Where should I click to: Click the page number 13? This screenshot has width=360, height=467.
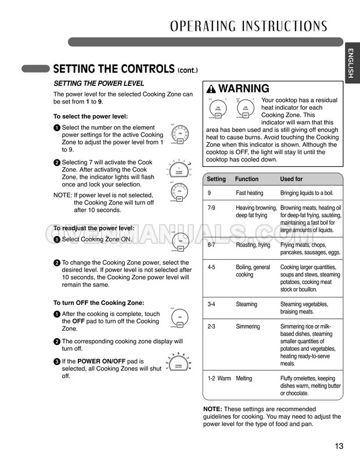tap(339, 446)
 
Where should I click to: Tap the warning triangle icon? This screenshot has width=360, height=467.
tap(211, 89)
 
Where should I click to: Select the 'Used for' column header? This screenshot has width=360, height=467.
tap(291, 179)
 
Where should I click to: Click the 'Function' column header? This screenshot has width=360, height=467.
tap(247, 179)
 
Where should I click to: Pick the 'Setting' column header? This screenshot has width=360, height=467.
tap(217, 179)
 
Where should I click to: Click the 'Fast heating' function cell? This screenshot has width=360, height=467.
tap(249, 193)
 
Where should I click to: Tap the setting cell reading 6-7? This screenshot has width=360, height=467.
tap(213, 245)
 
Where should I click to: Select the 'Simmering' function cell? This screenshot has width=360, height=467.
tap(248, 326)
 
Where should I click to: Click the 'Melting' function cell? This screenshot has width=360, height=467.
tap(244, 378)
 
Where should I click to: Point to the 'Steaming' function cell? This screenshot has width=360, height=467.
tap(247, 304)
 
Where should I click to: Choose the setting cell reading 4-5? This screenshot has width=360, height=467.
tap(213, 267)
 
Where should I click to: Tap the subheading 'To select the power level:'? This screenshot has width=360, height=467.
tap(91, 116)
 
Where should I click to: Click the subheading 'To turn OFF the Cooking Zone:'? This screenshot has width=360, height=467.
tap(99, 303)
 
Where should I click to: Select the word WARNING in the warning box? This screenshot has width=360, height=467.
tap(244, 89)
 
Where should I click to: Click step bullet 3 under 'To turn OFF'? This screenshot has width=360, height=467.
tap(57, 361)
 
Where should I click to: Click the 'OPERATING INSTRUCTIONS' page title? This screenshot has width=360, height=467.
tap(249, 26)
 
